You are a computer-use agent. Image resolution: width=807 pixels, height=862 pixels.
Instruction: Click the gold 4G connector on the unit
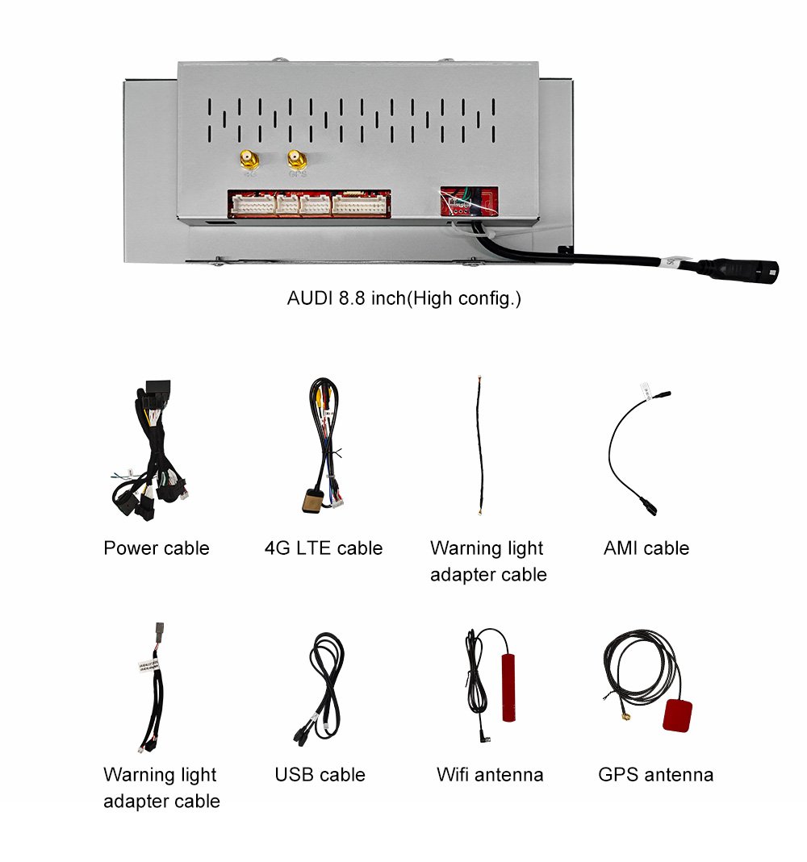249,160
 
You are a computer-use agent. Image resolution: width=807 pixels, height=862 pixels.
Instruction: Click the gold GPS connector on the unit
297,160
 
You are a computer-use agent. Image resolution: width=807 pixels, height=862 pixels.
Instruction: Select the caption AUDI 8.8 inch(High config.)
403,298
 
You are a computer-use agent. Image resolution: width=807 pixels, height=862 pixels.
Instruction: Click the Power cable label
157,548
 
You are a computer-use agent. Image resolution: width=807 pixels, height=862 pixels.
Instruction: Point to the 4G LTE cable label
324,548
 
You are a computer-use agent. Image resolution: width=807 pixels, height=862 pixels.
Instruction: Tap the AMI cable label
646,548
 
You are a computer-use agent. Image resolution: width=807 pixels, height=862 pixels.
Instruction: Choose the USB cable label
320,775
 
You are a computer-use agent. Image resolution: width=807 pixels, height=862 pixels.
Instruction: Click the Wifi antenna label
490,775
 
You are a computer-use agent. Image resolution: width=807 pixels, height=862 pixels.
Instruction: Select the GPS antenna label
656,775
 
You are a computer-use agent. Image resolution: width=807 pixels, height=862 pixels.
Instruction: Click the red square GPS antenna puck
678,716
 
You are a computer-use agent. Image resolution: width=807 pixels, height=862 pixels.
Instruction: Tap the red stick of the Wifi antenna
509,688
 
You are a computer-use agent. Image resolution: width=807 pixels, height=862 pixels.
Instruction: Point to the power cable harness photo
149,450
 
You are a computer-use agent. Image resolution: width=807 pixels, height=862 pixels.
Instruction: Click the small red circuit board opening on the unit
469,202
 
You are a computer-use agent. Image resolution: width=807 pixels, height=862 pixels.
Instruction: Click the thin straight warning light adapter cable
480,445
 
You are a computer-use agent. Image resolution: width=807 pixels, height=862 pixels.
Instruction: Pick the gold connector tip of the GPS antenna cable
626,716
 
